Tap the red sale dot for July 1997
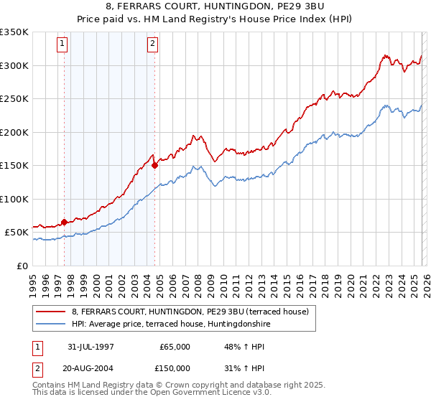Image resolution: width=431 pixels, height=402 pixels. click(65, 222)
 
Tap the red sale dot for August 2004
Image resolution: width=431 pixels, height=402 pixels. click(154, 165)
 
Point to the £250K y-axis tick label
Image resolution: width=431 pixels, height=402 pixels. click(14, 98)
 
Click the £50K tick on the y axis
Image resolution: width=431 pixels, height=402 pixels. click(17, 232)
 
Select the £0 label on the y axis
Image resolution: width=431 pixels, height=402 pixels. click(23, 266)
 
